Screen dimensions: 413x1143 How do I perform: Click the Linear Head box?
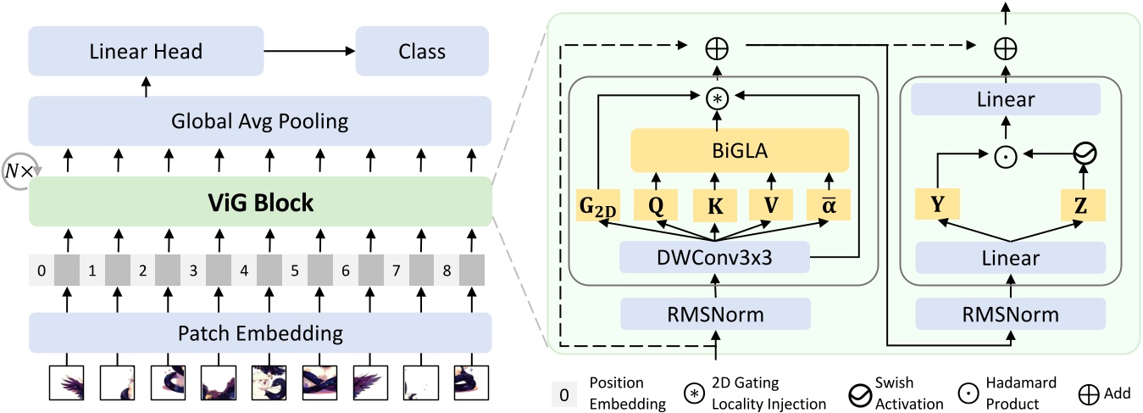pos(146,51)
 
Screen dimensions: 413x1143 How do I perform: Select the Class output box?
pos(421,51)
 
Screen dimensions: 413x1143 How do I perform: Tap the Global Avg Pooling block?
pos(260,120)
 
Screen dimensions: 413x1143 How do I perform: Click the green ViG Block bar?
pos(260,203)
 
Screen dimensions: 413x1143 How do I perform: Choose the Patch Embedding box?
pos(260,332)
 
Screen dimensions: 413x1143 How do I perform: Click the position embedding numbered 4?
pos(245,273)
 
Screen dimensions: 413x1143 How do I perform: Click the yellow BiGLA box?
pos(740,150)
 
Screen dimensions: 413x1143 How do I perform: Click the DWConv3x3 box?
pos(715,258)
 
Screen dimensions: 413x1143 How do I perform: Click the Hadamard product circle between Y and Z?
pos(1006,154)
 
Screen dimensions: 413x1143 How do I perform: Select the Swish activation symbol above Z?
pos(1084,154)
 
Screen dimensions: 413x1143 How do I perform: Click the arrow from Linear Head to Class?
pos(309,51)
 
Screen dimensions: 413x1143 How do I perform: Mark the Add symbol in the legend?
pos(1088,394)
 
